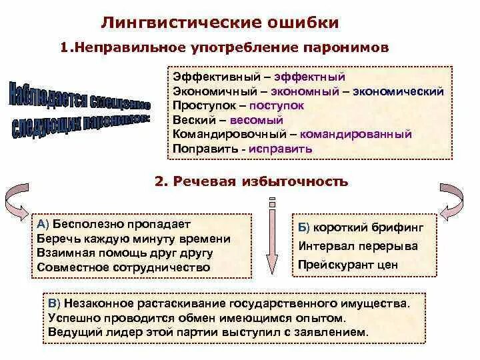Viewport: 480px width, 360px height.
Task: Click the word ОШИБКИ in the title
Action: point(301,23)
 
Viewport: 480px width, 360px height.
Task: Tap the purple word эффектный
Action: point(315,77)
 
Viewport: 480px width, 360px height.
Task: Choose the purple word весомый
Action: point(257,120)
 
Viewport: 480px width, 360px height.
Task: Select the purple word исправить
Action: point(281,149)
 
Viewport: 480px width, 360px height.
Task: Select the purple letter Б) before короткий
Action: point(303,227)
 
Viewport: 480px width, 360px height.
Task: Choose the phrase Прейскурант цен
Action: point(348,265)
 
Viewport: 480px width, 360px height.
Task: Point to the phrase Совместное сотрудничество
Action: point(124,267)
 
